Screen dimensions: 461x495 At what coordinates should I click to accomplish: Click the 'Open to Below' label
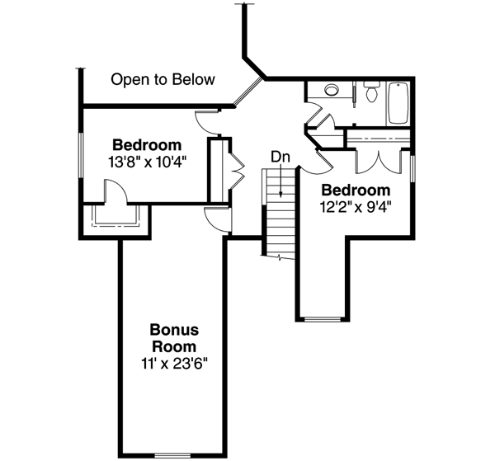point(163,80)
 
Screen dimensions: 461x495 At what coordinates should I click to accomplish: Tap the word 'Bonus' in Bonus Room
point(173,329)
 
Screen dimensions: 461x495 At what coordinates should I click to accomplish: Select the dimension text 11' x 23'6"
point(174,362)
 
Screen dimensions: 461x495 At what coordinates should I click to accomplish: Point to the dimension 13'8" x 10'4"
point(147,162)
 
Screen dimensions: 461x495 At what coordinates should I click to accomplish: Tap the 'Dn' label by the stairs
point(280,156)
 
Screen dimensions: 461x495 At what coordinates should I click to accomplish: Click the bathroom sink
point(332,90)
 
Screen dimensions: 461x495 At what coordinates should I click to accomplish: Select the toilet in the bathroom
point(371,93)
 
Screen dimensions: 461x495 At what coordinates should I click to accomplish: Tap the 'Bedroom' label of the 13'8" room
point(147,145)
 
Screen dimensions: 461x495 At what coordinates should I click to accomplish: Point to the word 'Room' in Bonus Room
point(174,346)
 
